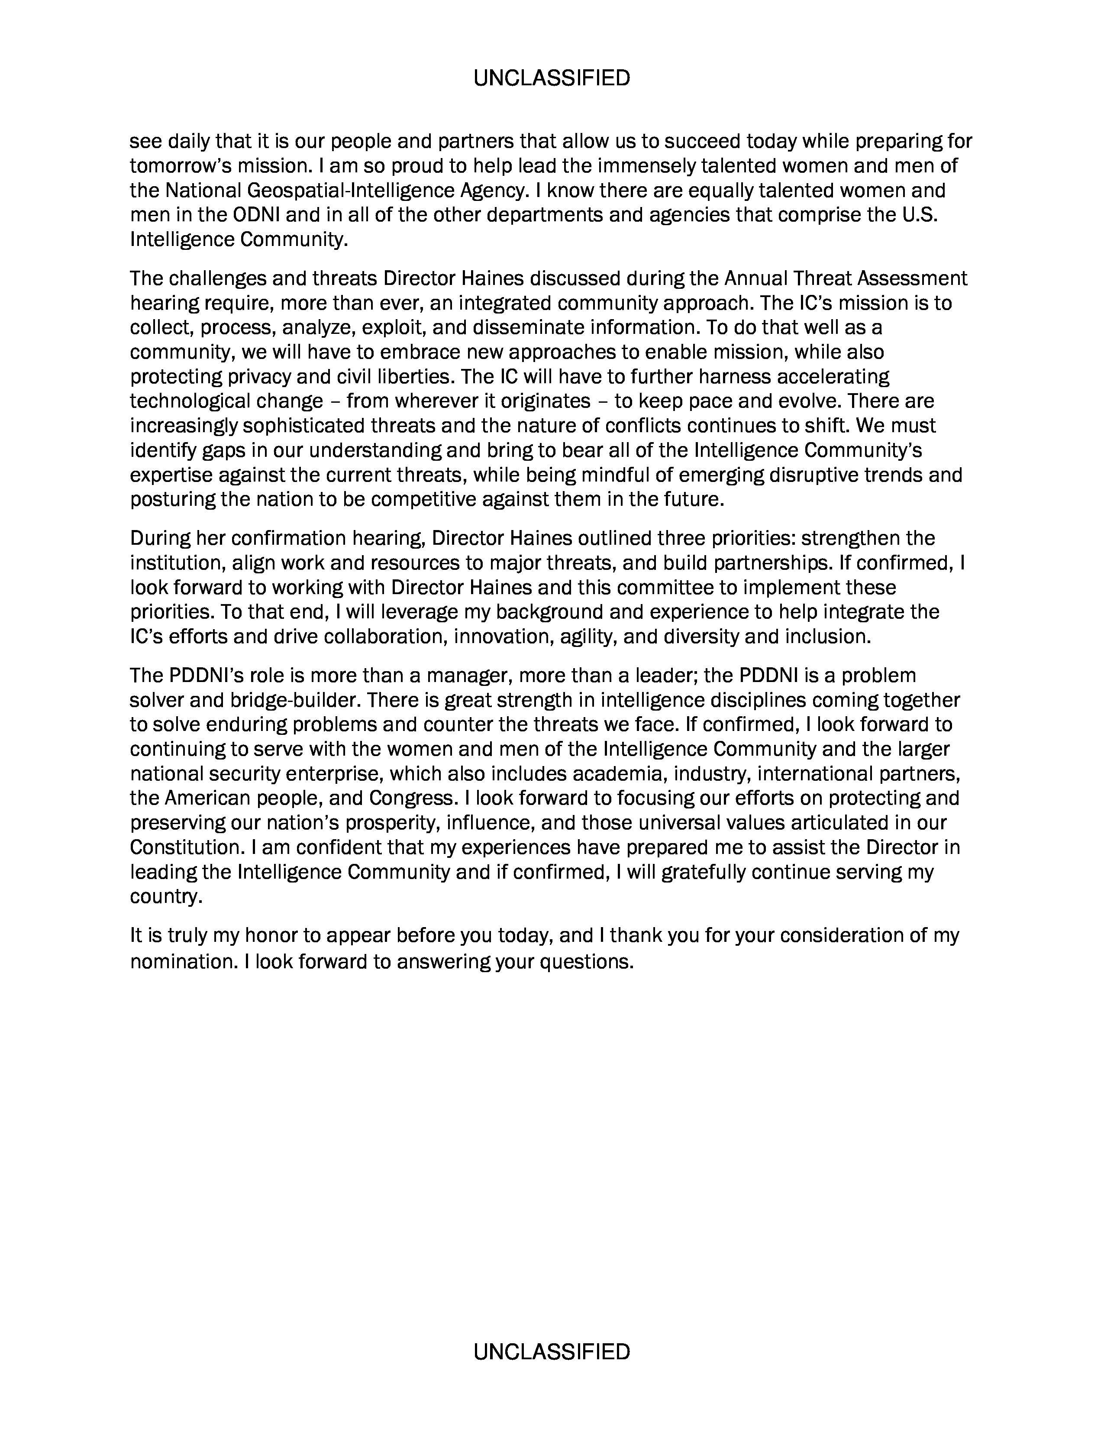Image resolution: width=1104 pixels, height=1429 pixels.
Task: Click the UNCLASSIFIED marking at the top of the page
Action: click(x=551, y=78)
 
